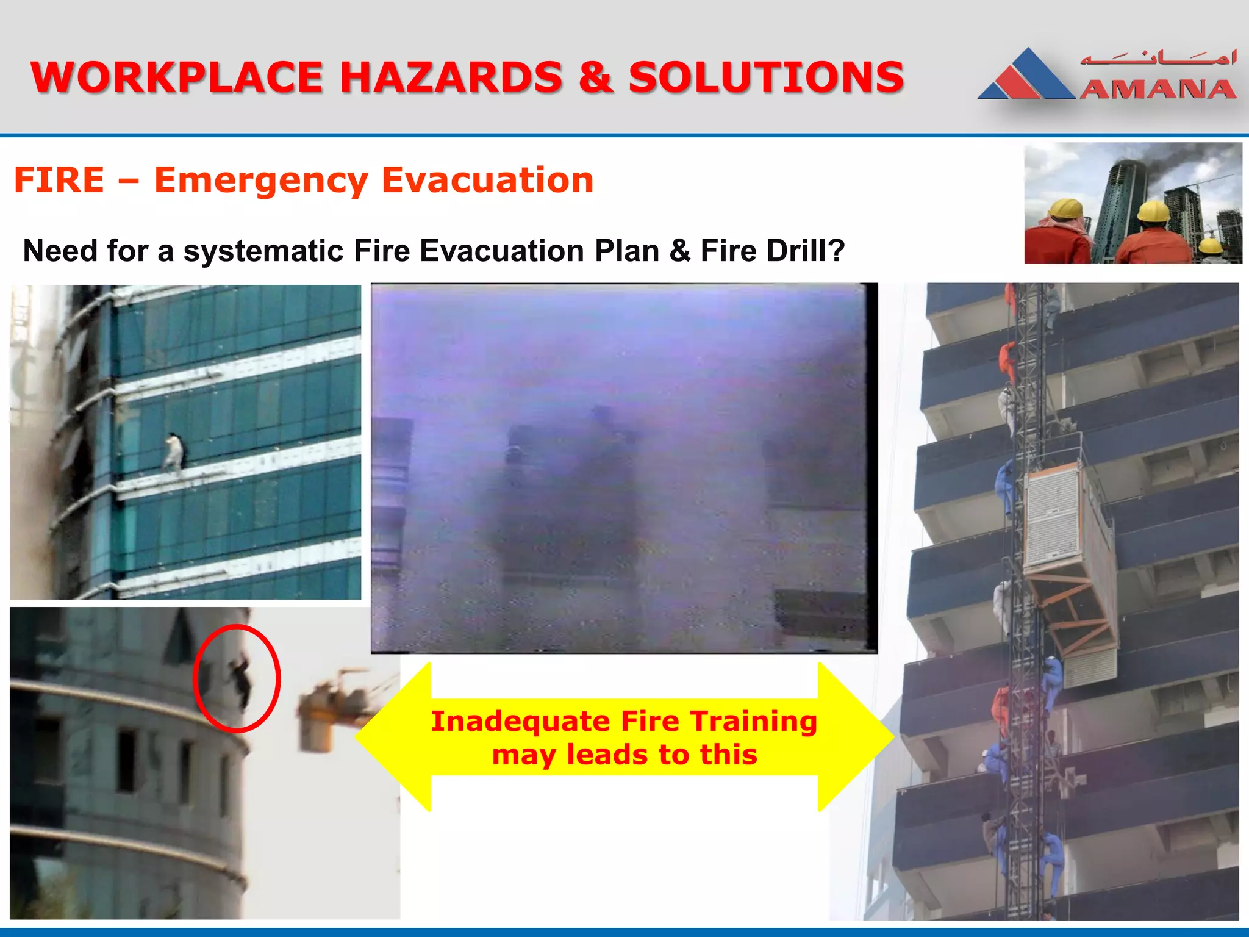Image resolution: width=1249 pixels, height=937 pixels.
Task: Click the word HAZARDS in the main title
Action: [451, 77]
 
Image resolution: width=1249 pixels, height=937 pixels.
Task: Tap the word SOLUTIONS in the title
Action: [766, 77]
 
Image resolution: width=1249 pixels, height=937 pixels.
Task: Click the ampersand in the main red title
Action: [595, 77]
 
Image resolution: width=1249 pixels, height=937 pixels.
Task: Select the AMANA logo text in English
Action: [1158, 90]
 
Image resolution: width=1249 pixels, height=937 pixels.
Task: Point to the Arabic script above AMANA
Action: [1158, 59]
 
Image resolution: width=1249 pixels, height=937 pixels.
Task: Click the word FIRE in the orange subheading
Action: [59, 181]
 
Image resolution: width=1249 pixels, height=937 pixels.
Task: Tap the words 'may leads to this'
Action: [624, 755]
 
